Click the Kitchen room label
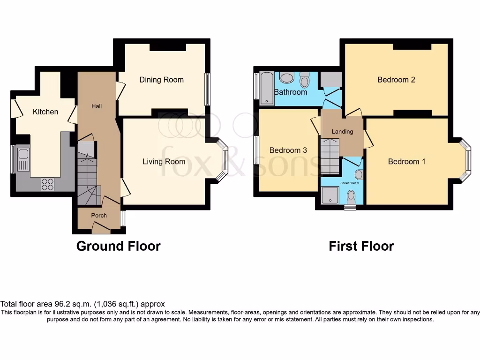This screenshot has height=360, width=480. [45, 112]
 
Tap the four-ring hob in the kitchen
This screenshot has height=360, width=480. [47, 185]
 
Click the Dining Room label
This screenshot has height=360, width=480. [161, 80]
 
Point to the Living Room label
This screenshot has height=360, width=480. [164, 162]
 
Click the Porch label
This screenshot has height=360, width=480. [99, 216]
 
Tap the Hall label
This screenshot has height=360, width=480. [96, 106]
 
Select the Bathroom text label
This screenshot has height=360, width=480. [291, 92]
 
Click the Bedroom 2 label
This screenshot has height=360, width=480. [396, 80]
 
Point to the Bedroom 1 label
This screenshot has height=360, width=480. [406, 162]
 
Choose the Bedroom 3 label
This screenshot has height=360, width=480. [288, 150]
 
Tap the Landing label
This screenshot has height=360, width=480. [342, 132]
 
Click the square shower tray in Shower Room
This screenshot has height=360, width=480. [330, 195]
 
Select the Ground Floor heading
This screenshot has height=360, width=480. [118, 246]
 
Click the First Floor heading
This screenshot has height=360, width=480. [361, 246]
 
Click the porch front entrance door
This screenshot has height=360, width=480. [101, 229]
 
